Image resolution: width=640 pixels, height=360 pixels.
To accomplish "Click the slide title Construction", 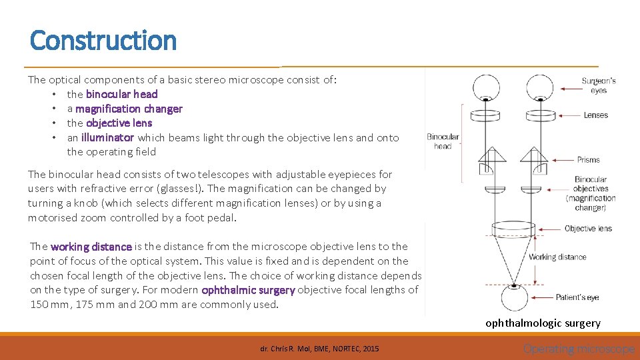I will [103, 41].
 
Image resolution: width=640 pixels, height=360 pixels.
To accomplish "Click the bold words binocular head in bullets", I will [122, 94].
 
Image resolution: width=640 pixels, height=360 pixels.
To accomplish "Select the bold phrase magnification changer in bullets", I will [129, 109].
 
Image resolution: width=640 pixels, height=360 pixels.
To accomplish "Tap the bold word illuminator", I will [107, 138].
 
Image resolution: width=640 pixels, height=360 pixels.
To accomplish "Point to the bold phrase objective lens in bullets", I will [119, 123].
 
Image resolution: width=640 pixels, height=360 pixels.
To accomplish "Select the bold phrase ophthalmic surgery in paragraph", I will [248, 290].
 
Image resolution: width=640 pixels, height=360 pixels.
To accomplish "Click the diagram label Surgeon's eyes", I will [598, 85].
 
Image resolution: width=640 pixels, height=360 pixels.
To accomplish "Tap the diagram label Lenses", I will [595, 115].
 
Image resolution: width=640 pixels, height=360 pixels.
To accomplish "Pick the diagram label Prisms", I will [589, 160].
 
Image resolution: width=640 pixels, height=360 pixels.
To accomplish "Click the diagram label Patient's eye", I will [577, 297].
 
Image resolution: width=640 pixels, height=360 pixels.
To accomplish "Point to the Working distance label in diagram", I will [557, 257].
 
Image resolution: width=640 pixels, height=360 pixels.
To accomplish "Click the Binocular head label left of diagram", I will [443, 141].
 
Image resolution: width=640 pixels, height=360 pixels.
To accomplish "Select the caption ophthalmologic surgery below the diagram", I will [543, 323].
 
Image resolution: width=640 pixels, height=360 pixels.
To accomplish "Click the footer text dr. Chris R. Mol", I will [319, 349].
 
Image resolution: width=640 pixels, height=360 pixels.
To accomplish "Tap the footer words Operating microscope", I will [579, 349].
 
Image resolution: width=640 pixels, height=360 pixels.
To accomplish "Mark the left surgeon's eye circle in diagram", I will [486, 87].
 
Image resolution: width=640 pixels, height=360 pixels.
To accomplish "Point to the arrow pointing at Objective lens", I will [551, 229].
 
